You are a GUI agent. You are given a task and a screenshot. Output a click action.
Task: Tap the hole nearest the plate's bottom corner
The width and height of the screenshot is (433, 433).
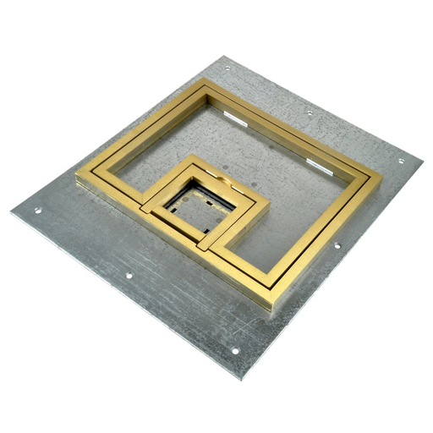236,351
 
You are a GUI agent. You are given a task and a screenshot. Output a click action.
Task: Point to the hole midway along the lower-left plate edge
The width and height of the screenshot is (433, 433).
128,275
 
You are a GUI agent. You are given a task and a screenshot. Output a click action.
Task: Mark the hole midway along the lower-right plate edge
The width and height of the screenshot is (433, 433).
337,246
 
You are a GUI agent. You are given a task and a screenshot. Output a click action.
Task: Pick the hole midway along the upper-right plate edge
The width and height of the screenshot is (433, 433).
309,112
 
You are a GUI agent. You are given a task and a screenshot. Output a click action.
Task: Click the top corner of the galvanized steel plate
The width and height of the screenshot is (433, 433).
222,57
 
